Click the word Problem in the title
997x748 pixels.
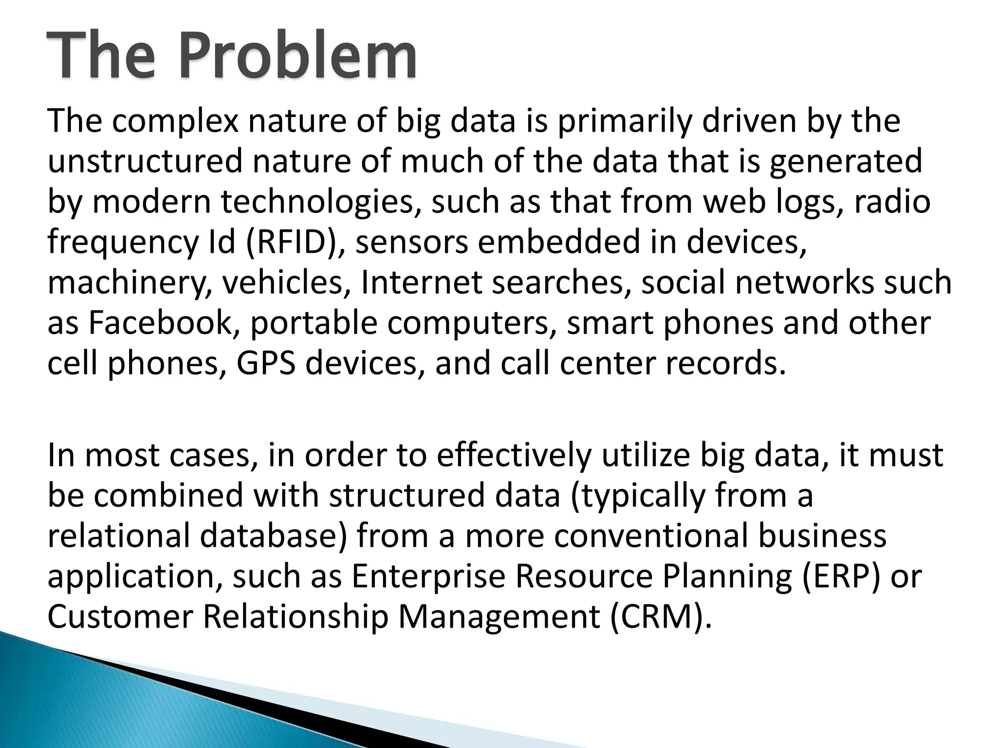tap(297, 55)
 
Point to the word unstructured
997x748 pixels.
tap(145, 161)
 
